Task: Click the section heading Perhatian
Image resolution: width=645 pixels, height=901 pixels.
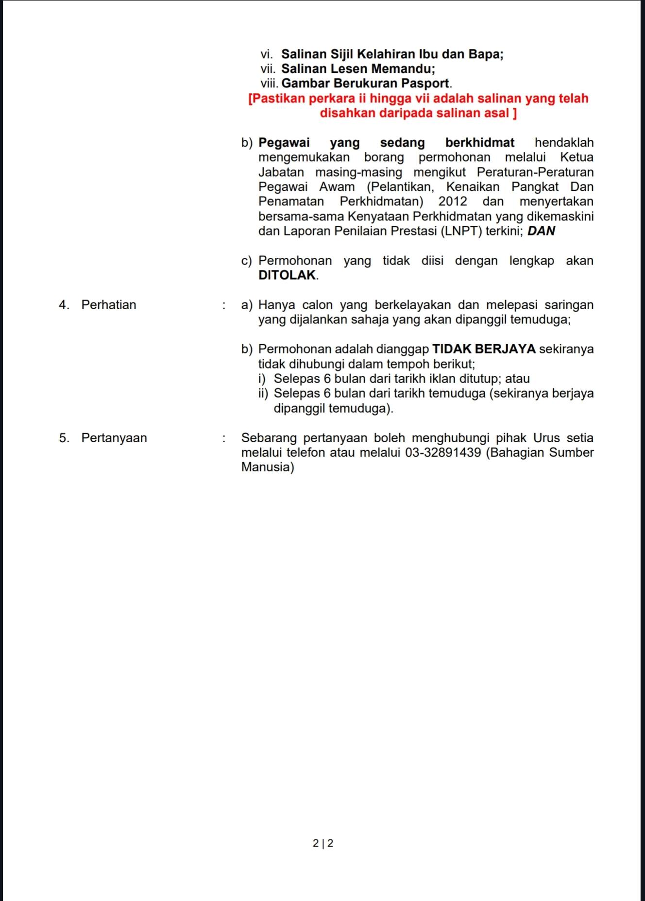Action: point(108,305)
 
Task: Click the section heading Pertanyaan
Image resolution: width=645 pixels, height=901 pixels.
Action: point(114,438)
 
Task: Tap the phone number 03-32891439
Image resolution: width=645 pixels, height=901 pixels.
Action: point(443,452)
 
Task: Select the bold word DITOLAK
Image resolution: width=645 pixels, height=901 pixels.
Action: point(287,275)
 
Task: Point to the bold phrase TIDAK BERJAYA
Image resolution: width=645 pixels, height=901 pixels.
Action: point(484,349)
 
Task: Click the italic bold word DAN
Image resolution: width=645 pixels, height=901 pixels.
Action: point(541,231)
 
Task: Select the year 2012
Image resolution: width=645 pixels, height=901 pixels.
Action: point(453,201)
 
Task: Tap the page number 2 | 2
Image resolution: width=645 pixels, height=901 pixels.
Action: point(323,843)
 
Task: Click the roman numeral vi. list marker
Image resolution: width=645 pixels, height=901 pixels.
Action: point(267,54)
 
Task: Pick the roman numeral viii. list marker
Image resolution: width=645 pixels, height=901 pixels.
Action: point(270,83)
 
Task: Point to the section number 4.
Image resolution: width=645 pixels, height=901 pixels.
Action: point(64,305)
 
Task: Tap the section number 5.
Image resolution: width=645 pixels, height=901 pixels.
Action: point(64,438)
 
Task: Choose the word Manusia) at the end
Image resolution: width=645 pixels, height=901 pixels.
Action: point(268,467)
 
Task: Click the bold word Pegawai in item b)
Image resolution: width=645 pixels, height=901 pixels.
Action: point(284,143)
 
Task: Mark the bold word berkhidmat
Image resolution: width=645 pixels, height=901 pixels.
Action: point(480,143)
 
